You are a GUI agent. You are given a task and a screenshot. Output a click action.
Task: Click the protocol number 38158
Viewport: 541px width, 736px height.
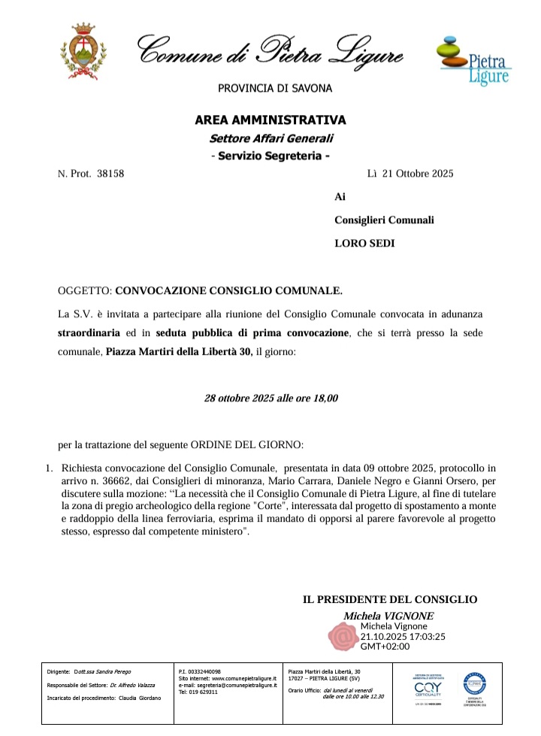[x=108, y=174]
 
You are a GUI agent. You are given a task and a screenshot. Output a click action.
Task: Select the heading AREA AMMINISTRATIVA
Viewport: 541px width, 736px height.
[x=270, y=120]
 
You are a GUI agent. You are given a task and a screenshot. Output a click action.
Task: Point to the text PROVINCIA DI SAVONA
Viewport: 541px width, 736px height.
[x=275, y=89]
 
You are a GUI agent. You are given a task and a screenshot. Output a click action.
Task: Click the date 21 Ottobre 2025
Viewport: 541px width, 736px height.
[x=419, y=174]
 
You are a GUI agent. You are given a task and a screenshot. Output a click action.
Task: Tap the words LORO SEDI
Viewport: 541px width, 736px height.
[x=364, y=243]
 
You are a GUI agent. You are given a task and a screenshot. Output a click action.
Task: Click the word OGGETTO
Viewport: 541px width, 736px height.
[x=84, y=289]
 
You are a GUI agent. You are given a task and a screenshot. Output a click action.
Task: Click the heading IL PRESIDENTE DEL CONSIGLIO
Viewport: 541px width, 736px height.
[x=389, y=599]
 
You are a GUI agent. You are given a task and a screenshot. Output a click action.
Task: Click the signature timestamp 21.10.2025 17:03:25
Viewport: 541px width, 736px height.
[x=403, y=636]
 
